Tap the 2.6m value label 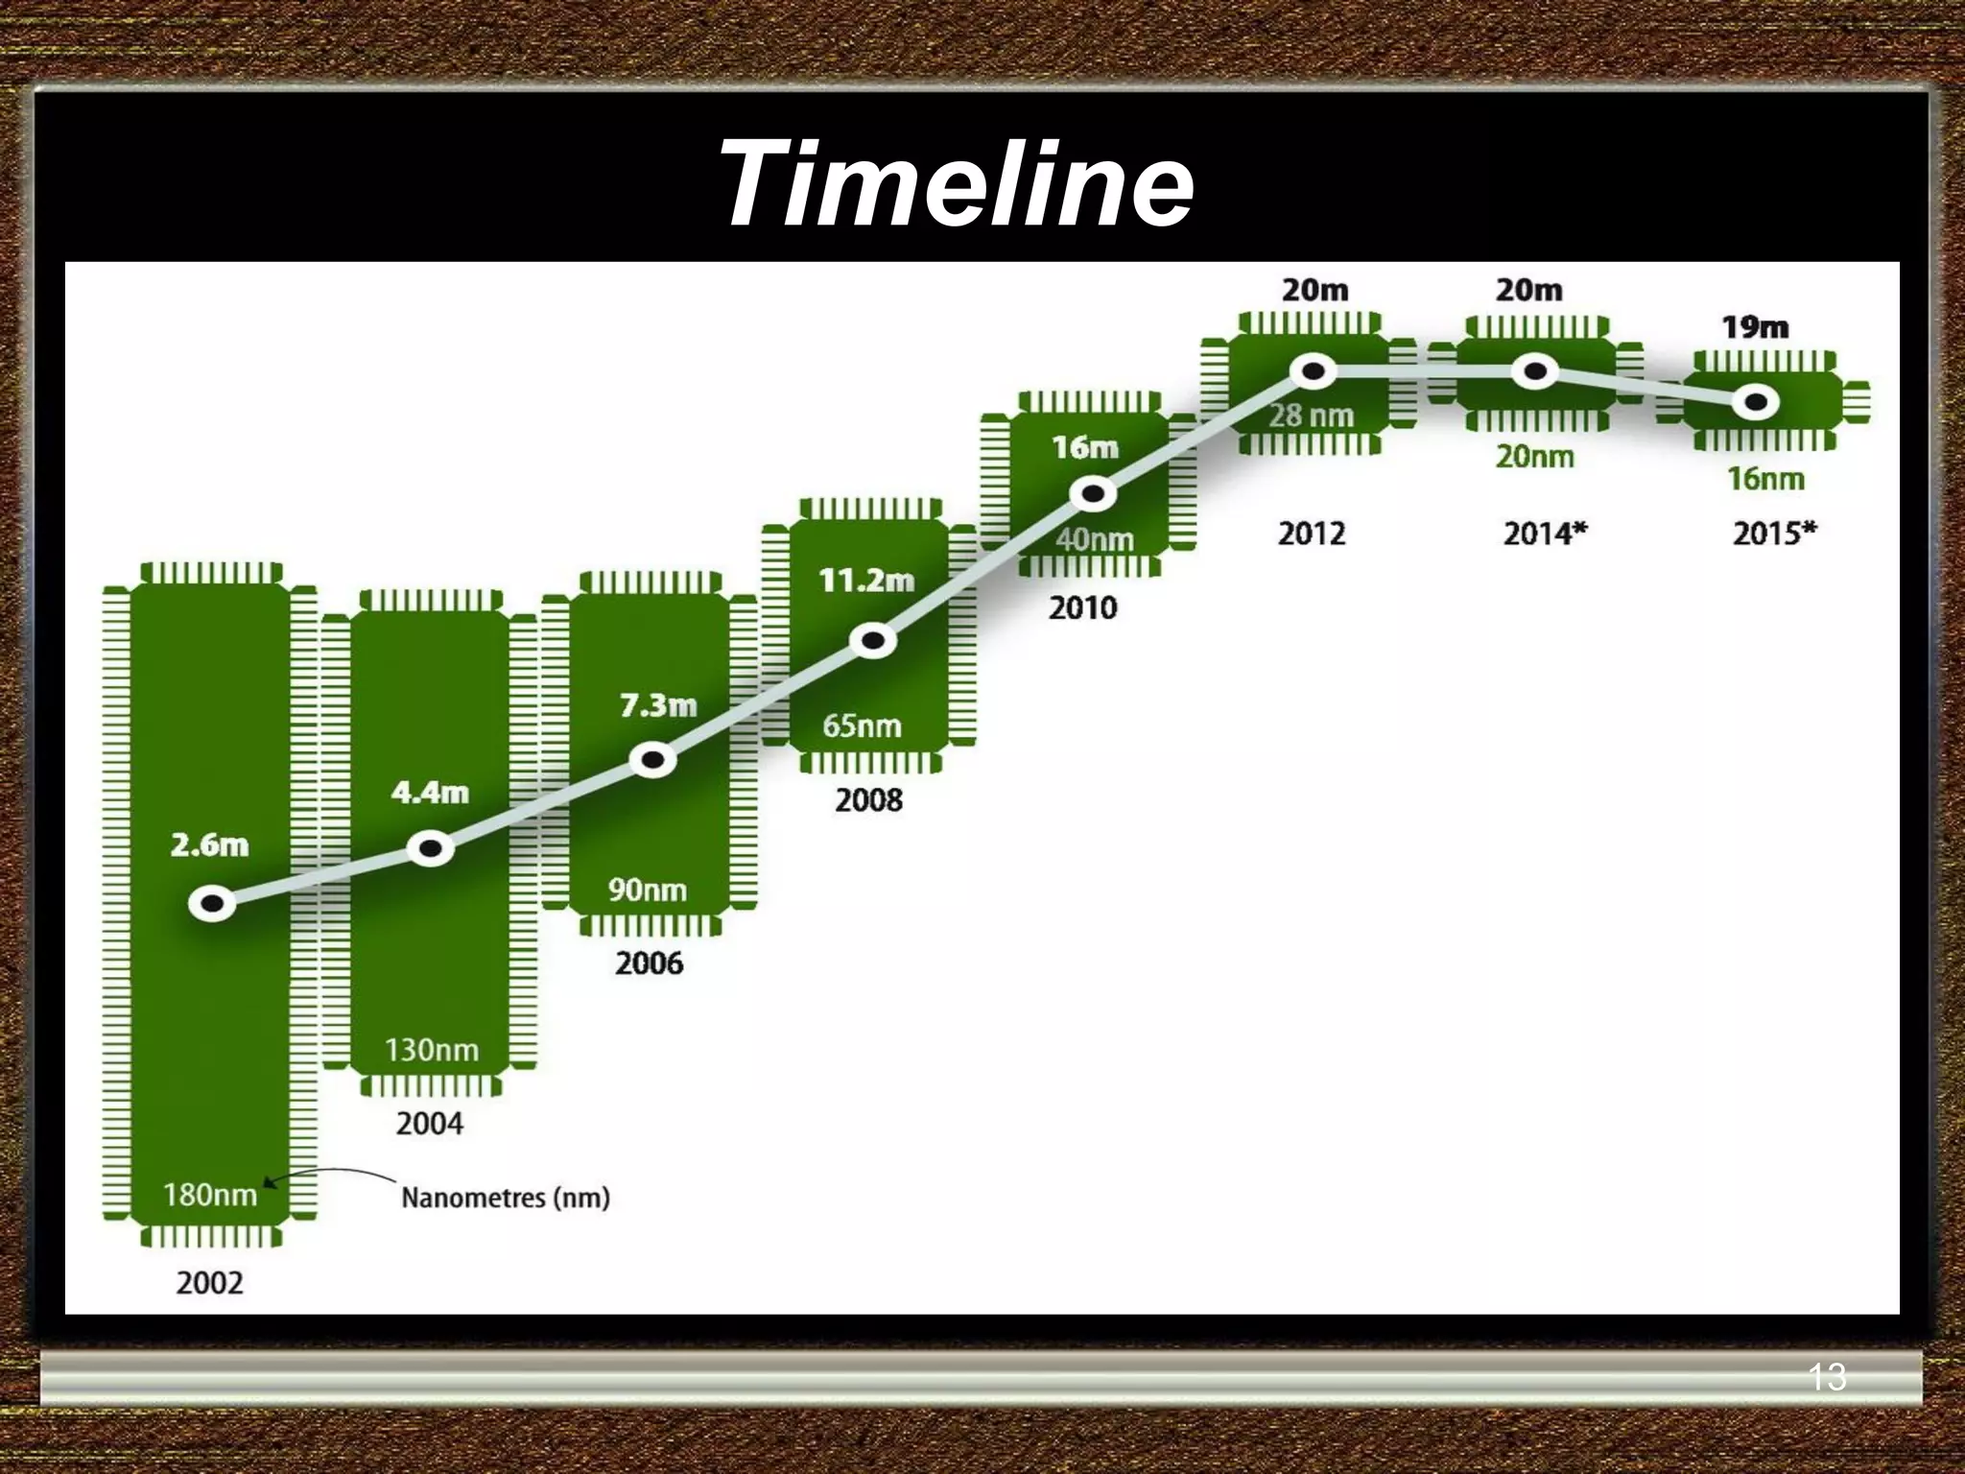tap(209, 844)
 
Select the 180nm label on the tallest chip tap(210, 1195)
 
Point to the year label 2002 tap(209, 1283)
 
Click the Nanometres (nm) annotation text tap(506, 1198)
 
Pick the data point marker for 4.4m tap(431, 848)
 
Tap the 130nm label tap(432, 1050)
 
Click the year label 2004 tap(429, 1123)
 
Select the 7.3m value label tap(658, 705)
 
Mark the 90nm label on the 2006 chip tap(648, 890)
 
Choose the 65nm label tap(862, 725)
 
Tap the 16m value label tap(1085, 447)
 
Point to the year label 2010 tap(1082, 607)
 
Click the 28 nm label tap(1311, 416)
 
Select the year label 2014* tap(1545, 533)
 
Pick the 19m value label tap(1755, 327)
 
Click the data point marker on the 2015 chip tap(1756, 403)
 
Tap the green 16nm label tap(1765, 478)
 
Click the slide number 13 tap(1827, 1377)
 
